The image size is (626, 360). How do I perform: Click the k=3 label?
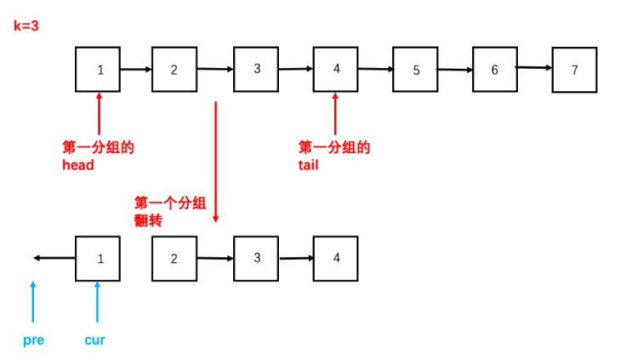pyautogui.click(x=26, y=26)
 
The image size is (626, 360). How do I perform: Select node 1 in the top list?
pyautogui.click(x=99, y=69)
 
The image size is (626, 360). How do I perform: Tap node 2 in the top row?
pyautogui.click(x=174, y=69)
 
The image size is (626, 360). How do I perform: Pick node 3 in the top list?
pyautogui.click(x=256, y=68)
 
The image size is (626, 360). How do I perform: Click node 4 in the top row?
pyautogui.click(x=336, y=68)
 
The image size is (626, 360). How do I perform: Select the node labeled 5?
pyautogui.click(x=416, y=70)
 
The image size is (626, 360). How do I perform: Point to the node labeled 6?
pyautogui.click(x=494, y=69)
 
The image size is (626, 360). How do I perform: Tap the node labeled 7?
pyautogui.click(x=574, y=70)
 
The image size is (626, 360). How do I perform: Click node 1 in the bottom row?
pyautogui.click(x=99, y=259)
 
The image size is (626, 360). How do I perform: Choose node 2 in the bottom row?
pyautogui.click(x=174, y=259)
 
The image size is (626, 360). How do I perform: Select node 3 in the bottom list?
pyautogui.click(x=256, y=258)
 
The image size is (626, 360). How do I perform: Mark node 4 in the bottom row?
pyautogui.click(x=336, y=258)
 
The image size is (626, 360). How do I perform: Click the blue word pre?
pyautogui.click(x=34, y=340)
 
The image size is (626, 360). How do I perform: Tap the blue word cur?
pyautogui.click(x=94, y=340)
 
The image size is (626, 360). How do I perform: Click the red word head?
pyautogui.click(x=77, y=165)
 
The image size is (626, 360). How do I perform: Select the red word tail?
pyautogui.click(x=308, y=165)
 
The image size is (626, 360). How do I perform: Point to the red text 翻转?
pyautogui.click(x=148, y=220)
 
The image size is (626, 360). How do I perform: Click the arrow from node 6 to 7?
pyautogui.click(x=534, y=67)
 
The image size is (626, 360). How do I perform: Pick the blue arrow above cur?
pyautogui.click(x=98, y=302)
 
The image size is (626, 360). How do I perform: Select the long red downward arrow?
pyautogui.click(x=216, y=162)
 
